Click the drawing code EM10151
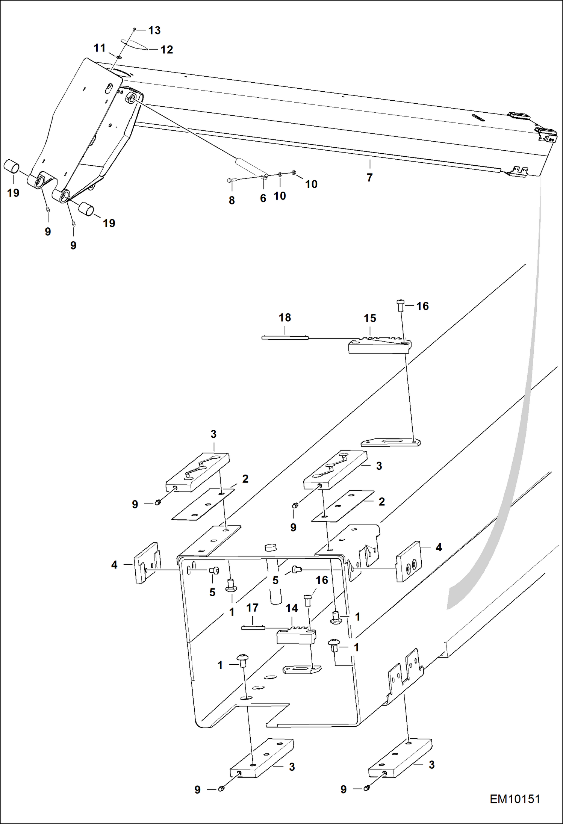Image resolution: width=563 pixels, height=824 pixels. [515, 799]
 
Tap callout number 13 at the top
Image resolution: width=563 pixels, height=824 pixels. [154, 30]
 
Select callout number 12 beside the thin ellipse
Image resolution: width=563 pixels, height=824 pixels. [166, 50]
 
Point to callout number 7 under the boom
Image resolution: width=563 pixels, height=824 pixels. [369, 177]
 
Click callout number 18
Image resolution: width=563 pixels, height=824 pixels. [285, 318]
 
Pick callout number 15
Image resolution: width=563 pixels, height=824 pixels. [369, 318]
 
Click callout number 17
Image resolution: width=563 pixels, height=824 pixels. [252, 608]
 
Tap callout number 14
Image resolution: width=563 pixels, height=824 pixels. [292, 608]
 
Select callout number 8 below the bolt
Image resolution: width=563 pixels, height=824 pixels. [232, 200]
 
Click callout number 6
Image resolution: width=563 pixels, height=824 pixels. [263, 198]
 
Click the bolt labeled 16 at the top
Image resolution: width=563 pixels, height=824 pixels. [400, 305]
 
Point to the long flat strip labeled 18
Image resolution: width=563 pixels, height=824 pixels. [285, 337]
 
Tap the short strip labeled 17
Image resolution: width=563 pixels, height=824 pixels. [253, 627]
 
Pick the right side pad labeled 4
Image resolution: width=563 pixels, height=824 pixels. [409, 562]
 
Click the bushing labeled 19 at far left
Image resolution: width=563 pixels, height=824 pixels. [11, 166]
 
